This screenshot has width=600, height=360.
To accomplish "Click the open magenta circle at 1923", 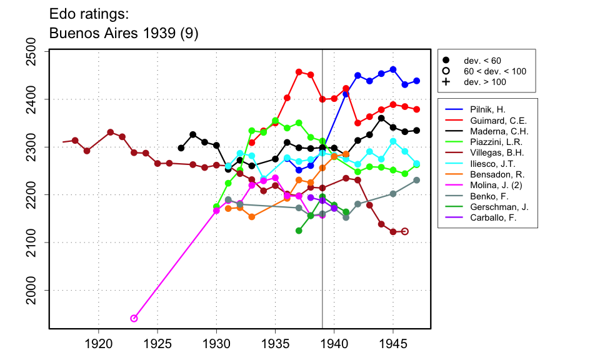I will point(134,319).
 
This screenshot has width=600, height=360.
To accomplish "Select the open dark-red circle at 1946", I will point(405,231).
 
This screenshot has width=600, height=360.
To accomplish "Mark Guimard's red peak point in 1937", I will point(299,72).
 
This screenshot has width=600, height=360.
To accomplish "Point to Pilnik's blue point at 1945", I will point(393,69).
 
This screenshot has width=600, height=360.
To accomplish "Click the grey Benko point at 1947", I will point(417,180).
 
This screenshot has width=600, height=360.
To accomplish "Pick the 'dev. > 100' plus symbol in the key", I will point(446,82).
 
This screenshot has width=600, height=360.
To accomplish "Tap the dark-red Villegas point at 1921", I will point(110,132).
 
